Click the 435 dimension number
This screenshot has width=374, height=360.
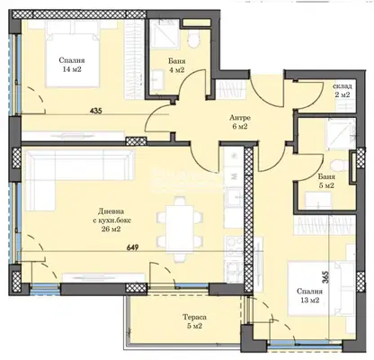pos(96,111)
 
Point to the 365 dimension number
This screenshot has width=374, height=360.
pos(325,277)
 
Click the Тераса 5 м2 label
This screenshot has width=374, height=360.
pos(195,321)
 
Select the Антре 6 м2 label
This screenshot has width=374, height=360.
pos(240,122)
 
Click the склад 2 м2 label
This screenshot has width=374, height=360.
pos(343,90)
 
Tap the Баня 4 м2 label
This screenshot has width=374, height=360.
pos(177,66)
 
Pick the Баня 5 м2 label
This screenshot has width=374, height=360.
pos(326,181)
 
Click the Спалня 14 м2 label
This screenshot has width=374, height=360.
pos(72,65)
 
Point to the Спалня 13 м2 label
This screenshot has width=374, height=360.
pos(309,295)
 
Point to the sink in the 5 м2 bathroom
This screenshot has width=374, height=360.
pos(318,200)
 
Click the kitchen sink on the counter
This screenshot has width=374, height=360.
pos(234,197)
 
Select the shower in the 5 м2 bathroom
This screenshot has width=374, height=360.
pos(342,133)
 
